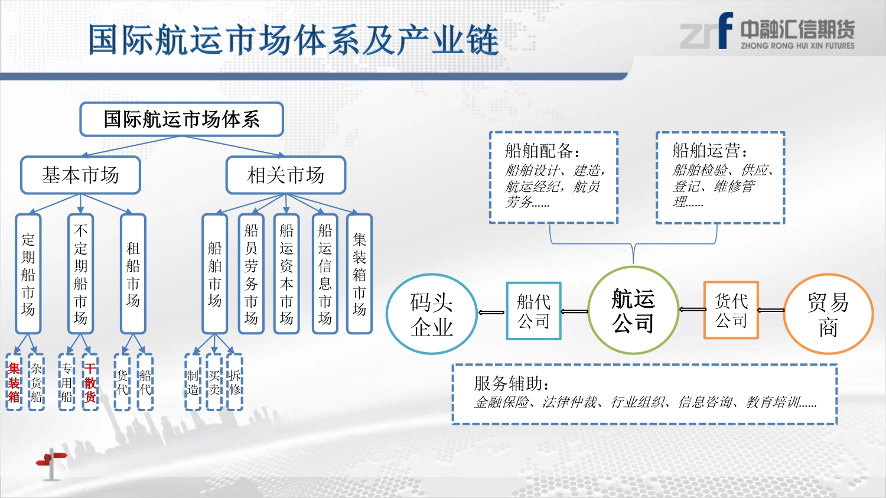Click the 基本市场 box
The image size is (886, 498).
point(81,175)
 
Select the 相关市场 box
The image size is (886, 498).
point(286,175)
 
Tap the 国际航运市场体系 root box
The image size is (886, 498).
point(181,119)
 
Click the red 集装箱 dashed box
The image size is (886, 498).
point(14,382)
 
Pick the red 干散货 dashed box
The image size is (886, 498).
point(90,382)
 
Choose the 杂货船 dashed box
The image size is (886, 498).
point(36,382)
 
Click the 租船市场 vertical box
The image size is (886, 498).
point(133,274)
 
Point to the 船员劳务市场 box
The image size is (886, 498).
point(251,274)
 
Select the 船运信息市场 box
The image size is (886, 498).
point(325,274)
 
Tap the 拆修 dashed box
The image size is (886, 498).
point(234,382)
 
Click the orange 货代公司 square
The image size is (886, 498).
point(731,311)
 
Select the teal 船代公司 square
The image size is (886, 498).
point(534,311)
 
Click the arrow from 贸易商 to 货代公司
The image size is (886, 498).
point(771,310)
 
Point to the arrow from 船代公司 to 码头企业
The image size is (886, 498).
point(491,313)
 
